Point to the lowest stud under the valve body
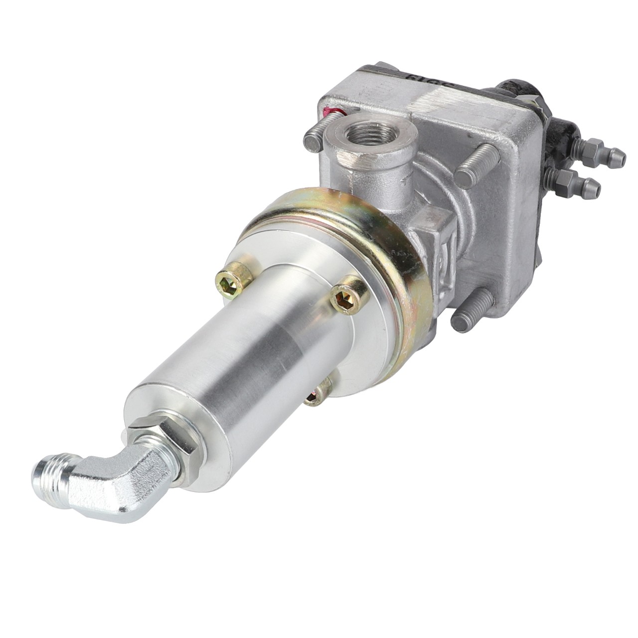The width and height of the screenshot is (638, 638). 471,314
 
